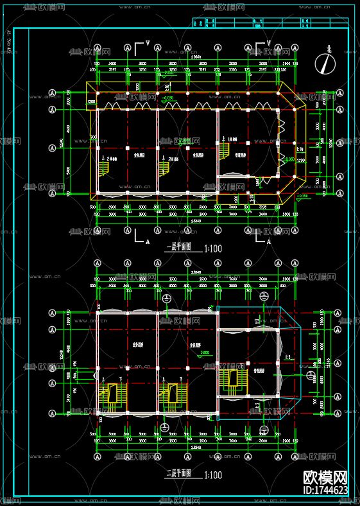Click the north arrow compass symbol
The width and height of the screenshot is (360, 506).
[x=328, y=62]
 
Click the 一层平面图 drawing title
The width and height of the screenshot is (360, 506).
[x=180, y=247]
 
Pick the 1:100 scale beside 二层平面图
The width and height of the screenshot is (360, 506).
[x=214, y=475]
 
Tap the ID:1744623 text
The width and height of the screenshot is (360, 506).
[x=325, y=491]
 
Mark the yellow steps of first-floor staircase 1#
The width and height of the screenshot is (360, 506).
[x=224, y=152]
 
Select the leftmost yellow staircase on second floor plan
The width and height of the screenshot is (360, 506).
[x=112, y=393]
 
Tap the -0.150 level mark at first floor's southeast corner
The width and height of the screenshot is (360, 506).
[x=303, y=196]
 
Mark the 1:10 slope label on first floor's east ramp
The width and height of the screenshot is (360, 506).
[x=299, y=148]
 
